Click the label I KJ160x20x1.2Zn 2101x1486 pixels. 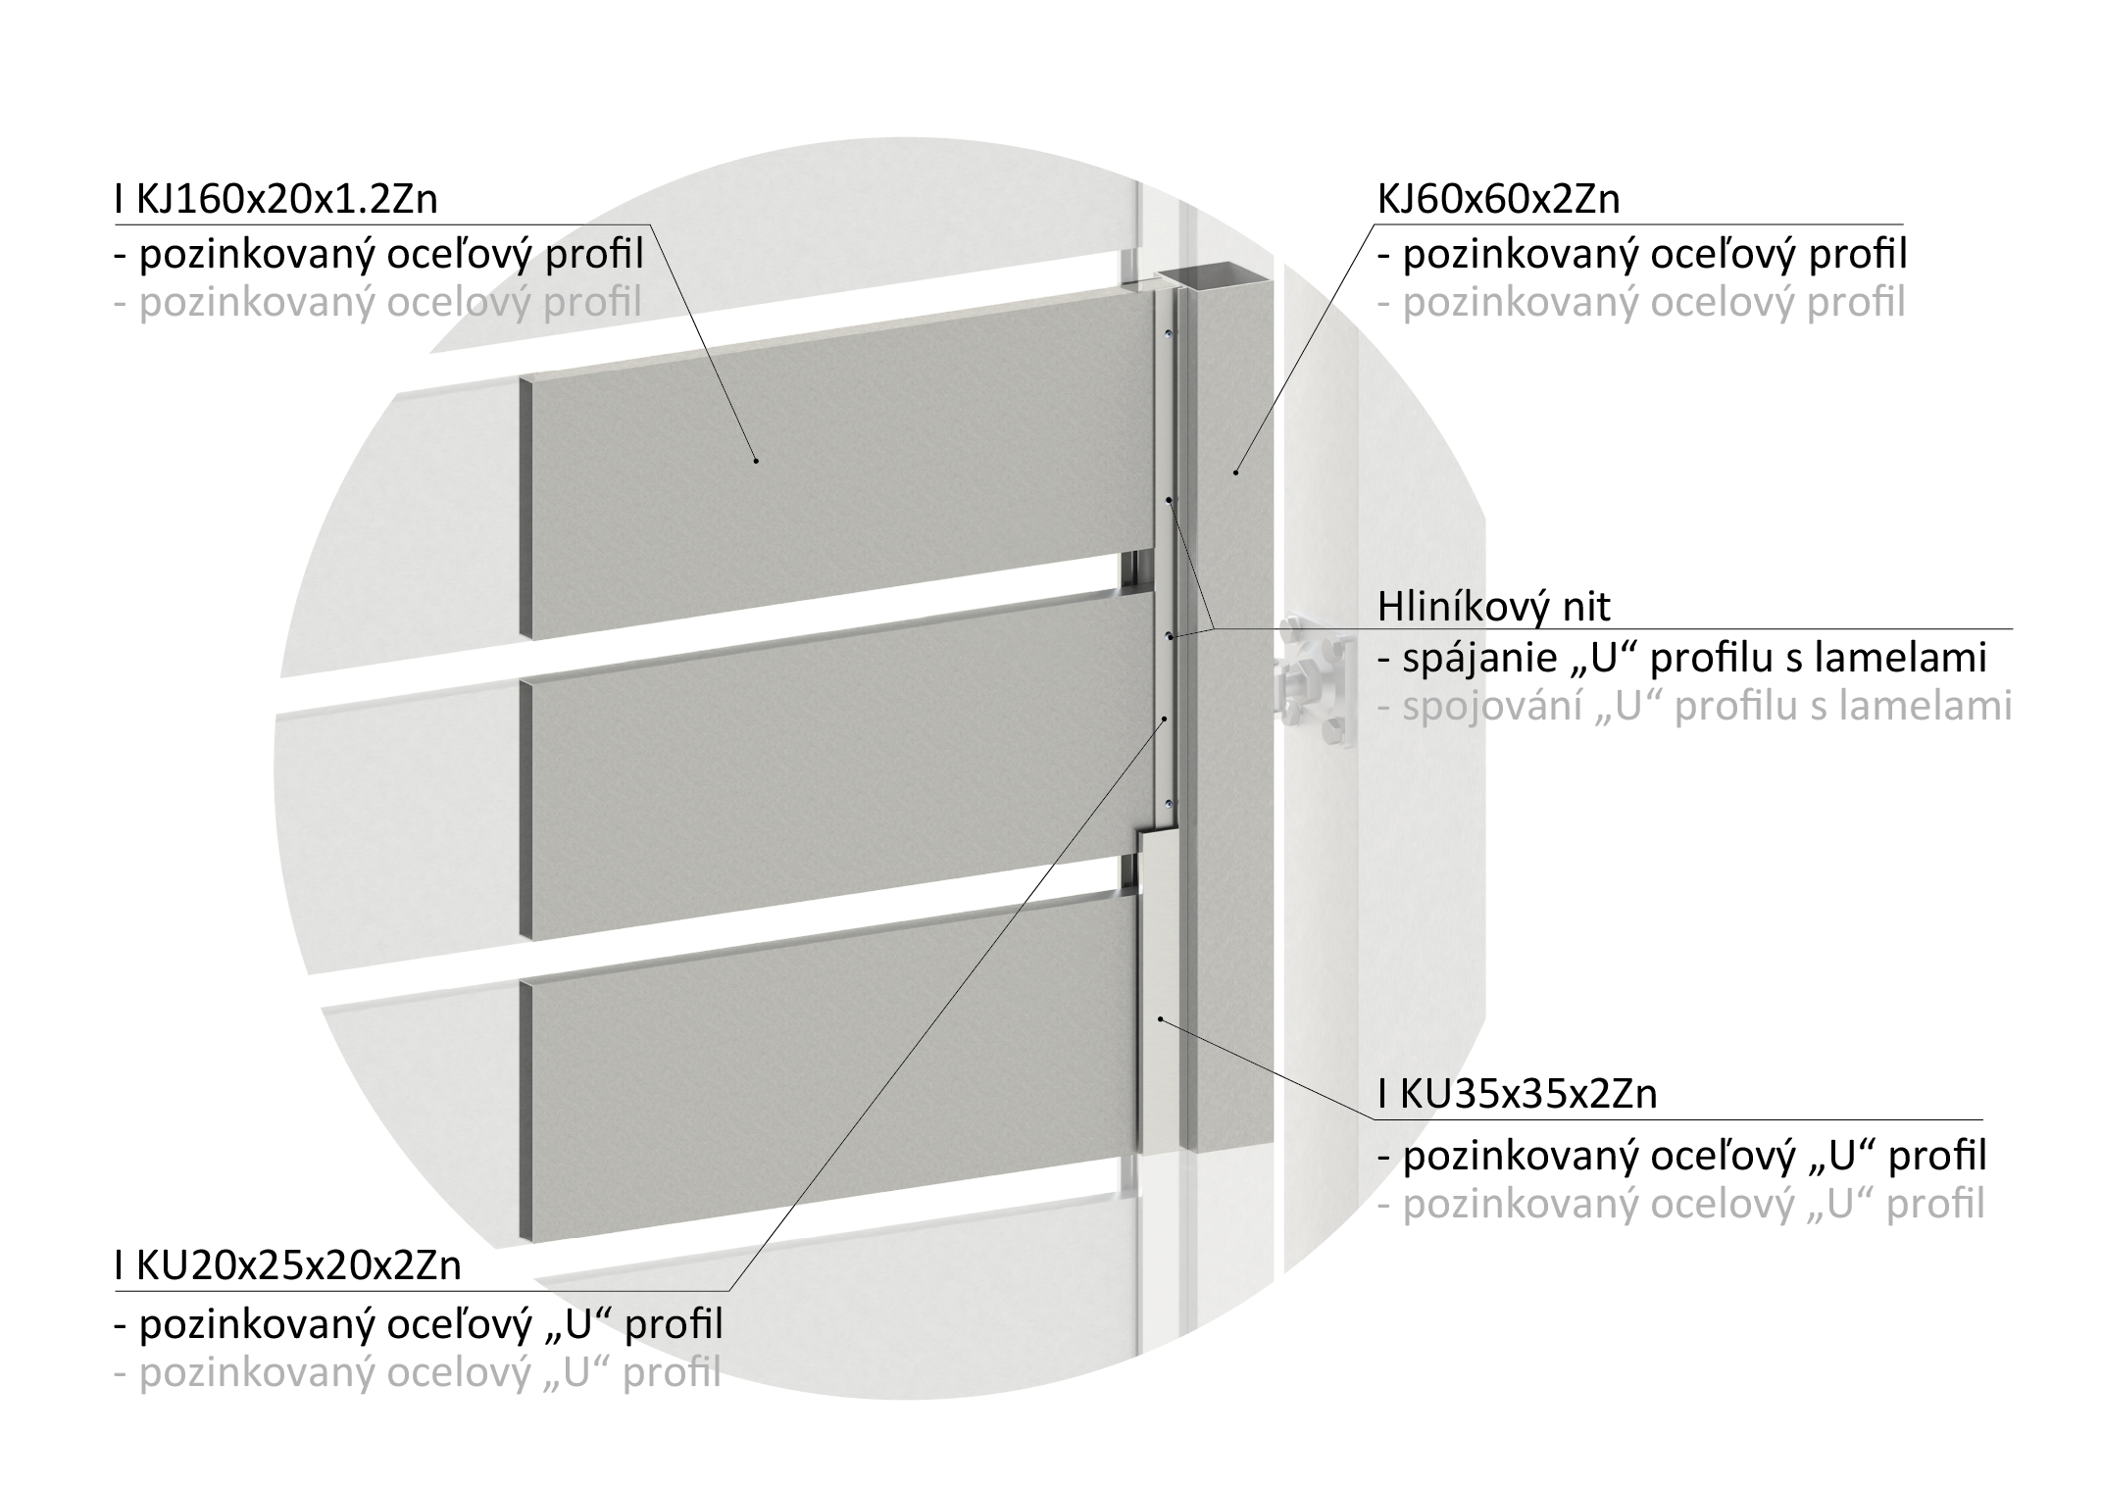(x=275, y=199)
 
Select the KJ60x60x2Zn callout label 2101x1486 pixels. (x=1498, y=199)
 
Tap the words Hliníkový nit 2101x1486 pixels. (x=1493, y=607)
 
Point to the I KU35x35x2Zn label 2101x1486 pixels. (x=1517, y=1094)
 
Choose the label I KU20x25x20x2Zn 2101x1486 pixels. (x=287, y=1265)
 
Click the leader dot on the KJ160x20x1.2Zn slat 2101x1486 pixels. (x=756, y=459)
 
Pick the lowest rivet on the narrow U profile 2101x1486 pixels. (x=1168, y=804)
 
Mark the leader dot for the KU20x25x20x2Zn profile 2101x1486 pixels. (x=1165, y=719)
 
